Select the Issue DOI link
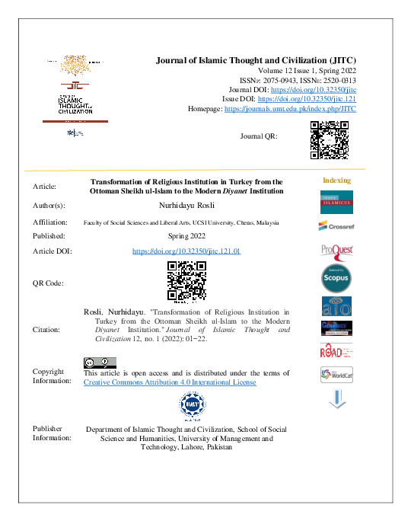[307, 99]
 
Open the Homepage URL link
[289, 109]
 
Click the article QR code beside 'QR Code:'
[186, 282]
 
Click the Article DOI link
[186, 251]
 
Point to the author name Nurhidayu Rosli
[186, 206]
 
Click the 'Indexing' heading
[336, 181]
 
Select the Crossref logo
[336, 225]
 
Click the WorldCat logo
[336, 375]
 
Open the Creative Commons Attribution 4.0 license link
[169, 382]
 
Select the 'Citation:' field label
[48, 330]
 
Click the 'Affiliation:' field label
[50, 222]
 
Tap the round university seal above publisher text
[186, 407]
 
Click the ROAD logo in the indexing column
[336, 352]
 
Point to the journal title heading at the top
[256, 59]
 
